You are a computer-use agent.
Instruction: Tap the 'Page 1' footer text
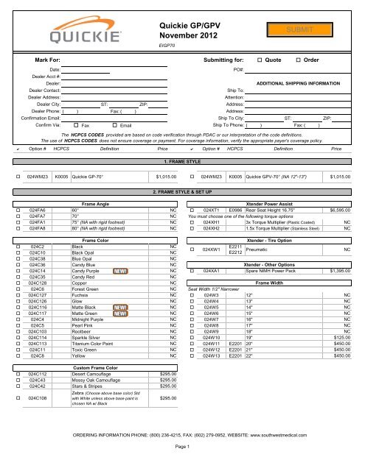(x=181, y=458)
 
